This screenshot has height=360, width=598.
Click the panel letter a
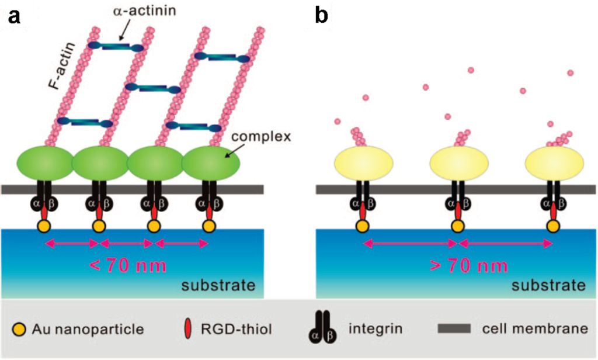click(x=13, y=16)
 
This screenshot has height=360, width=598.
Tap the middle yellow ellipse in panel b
click(x=458, y=163)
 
